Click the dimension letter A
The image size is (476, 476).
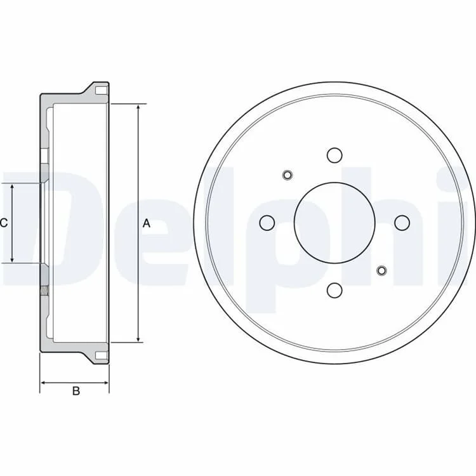147,223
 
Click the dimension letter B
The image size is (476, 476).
76,391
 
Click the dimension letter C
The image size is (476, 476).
4,223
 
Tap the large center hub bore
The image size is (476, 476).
334,223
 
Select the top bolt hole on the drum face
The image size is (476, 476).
334,155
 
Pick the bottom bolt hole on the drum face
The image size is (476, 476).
334,291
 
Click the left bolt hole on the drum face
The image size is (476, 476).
267,223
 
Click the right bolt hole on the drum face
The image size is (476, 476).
402,223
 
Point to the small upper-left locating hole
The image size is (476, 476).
287,175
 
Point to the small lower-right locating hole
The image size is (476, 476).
381,270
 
